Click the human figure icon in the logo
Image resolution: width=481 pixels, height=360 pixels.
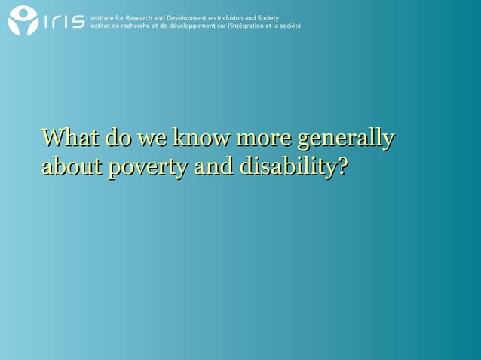tap(22, 21)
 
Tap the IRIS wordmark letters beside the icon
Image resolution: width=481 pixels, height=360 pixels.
tap(63, 22)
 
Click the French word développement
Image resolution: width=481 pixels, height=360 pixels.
tap(198, 26)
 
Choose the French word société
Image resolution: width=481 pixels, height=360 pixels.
tap(290, 26)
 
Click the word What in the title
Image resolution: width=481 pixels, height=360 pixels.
tap(69, 139)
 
